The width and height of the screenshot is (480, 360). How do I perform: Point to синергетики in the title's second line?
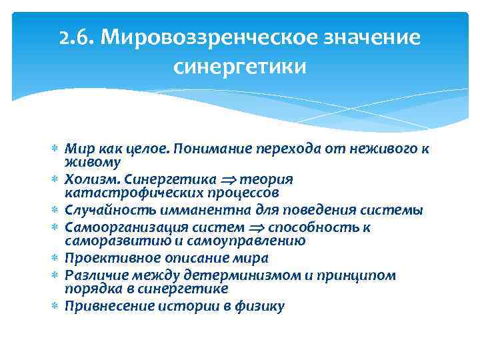pyautogui.click(x=240, y=67)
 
